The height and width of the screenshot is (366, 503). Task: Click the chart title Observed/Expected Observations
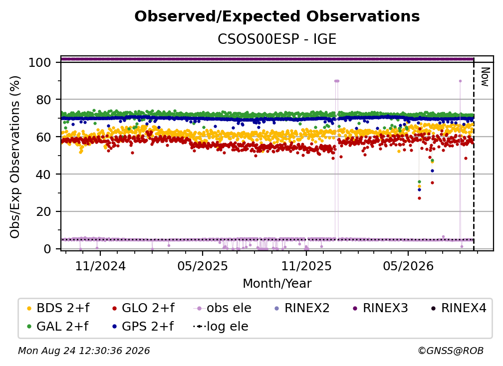[x=277, y=16]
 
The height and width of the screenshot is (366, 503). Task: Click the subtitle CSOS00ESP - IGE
[x=277, y=39]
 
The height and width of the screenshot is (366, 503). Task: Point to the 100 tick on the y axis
[x=40, y=62]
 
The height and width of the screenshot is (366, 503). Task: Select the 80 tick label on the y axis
[x=43, y=100]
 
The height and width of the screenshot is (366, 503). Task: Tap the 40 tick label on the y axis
[x=43, y=175]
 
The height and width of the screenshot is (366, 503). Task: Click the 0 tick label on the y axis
[x=47, y=249]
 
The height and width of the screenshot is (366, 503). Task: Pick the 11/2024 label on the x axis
[x=100, y=266]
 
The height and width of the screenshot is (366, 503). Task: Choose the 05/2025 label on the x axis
[x=203, y=266]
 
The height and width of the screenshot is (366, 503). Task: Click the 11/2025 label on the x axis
[x=306, y=266]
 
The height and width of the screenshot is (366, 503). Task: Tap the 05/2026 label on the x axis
[x=408, y=266]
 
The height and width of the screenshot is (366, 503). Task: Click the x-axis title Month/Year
[x=277, y=284]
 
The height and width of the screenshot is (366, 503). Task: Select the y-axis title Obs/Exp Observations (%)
[x=15, y=157]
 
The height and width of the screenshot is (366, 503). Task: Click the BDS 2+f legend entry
[x=58, y=308]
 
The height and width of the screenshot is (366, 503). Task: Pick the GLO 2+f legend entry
[x=143, y=308]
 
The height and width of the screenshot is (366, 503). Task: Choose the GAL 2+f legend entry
[x=58, y=327]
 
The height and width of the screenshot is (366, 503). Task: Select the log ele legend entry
[x=221, y=327]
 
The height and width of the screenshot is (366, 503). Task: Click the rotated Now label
[x=485, y=77]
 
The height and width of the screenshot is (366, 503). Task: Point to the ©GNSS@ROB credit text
[x=451, y=351]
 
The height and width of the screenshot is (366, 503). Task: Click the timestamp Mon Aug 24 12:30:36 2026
[x=84, y=351]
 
